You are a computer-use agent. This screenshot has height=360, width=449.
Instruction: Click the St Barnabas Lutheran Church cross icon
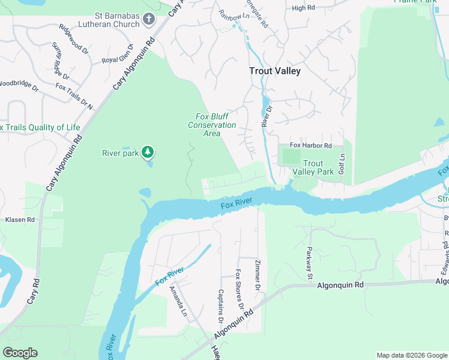point(149,20)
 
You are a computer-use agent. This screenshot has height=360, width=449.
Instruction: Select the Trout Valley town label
point(275,71)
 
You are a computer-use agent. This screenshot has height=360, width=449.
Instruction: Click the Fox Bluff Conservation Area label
point(212,125)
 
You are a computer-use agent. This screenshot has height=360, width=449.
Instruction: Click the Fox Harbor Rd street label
point(311,145)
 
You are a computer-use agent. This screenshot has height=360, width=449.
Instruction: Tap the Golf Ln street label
point(342,163)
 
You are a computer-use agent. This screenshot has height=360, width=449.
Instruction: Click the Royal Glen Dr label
point(116,60)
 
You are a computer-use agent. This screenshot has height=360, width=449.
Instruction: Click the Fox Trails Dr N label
point(74,96)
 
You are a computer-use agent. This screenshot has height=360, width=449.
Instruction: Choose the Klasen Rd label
point(20,220)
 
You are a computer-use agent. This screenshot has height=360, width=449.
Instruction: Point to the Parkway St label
point(310,263)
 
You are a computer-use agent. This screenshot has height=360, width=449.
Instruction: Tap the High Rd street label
point(303,8)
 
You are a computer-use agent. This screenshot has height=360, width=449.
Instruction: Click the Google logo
point(20,353)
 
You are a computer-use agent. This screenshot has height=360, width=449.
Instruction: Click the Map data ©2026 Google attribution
point(412,355)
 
